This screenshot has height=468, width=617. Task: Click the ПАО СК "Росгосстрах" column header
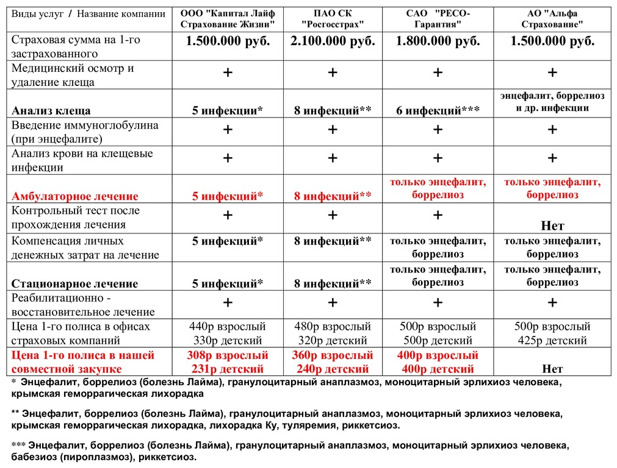coord(333,19)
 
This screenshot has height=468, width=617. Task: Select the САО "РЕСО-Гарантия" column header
coord(438,19)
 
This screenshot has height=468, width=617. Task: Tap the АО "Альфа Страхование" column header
coord(552,19)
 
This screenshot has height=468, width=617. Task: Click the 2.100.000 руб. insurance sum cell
coord(333,41)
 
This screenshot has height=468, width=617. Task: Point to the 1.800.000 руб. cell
coord(438,41)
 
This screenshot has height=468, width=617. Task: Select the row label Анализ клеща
coord(51,111)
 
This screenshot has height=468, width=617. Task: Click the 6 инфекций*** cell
coord(438,111)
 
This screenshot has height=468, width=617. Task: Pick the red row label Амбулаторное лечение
coord(75,196)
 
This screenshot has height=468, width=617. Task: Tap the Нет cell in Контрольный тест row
coord(552,226)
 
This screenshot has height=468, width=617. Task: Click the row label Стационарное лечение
coord(75,283)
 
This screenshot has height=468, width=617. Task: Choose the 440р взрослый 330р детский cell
coord(228,333)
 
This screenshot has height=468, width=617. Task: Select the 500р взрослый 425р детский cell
coord(552,333)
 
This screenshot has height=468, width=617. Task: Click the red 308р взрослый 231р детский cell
coord(228,362)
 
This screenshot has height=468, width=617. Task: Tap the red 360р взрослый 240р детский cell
coord(333,362)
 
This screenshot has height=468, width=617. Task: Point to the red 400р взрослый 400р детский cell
coord(438,362)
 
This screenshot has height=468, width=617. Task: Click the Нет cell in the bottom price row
coord(552,369)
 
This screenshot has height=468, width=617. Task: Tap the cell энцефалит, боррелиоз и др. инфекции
coord(552,102)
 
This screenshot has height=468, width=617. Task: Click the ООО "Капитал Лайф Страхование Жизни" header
coord(228,19)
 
